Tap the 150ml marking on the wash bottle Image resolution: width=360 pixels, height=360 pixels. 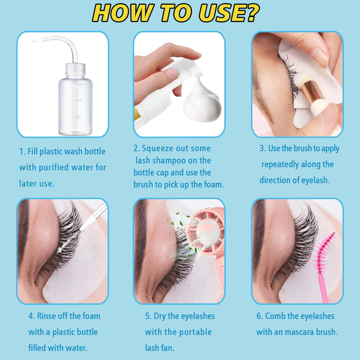(x=81, y=84)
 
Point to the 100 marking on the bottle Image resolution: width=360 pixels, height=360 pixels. (x=79, y=100)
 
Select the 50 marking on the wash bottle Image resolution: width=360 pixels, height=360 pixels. (x=78, y=117)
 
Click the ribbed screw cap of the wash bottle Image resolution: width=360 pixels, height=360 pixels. (x=75, y=69)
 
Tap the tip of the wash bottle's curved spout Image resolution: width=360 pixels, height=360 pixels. (x=33, y=41)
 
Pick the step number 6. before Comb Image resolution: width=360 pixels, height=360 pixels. (x=260, y=316)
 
